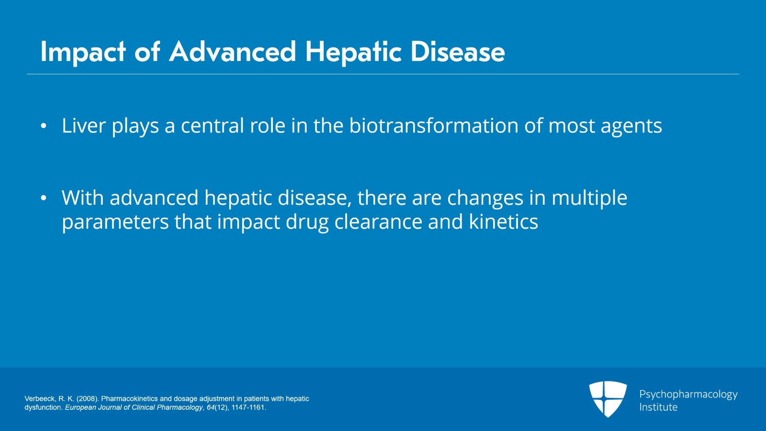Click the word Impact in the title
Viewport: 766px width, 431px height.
pyautogui.click(x=83, y=52)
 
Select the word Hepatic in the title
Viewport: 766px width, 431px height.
pyautogui.click(x=353, y=52)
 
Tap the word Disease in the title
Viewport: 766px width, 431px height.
pyautogui.click(x=458, y=52)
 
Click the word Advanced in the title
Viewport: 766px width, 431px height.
pyautogui.click(x=233, y=52)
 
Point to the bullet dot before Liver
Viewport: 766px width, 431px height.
pyautogui.click(x=44, y=126)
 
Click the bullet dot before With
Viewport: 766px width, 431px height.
pyautogui.click(x=44, y=198)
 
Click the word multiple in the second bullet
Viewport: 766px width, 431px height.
pyautogui.click(x=589, y=198)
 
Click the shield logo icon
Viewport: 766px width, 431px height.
pyautogui.click(x=608, y=399)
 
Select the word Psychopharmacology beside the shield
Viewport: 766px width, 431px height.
pyautogui.click(x=688, y=395)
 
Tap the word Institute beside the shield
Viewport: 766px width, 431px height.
pyautogui.click(x=658, y=407)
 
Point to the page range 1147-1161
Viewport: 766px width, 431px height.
pyautogui.click(x=248, y=408)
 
